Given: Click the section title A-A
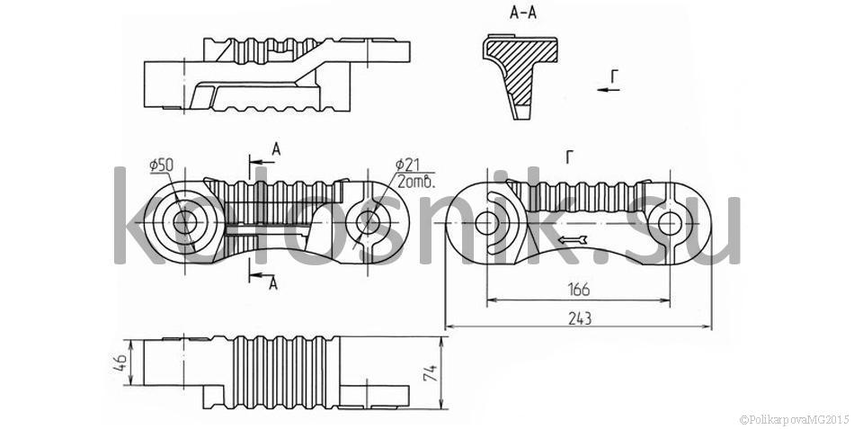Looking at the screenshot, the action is click(523, 13).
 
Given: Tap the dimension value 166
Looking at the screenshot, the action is click(578, 289).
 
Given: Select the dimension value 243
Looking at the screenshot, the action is click(580, 318).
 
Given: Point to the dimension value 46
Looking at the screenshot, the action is click(120, 362).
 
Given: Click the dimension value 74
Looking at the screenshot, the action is click(431, 373).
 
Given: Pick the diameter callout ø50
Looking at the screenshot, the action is click(161, 165).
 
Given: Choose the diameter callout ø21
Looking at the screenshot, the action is click(407, 164).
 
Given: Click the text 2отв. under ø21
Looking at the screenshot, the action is click(416, 182).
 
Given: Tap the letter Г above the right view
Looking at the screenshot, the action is click(569, 158).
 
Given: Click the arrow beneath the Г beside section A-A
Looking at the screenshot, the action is click(609, 89).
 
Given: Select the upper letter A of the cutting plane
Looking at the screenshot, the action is click(276, 149).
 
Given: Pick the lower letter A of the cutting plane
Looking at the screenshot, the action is click(273, 283).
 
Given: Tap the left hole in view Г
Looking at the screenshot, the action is click(486, 224).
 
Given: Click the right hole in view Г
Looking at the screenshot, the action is click(670, 224).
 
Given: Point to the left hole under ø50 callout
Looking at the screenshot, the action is click(185, 223).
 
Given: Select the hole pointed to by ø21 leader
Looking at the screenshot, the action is click(368, 223).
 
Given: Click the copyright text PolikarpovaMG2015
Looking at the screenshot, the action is click(795, 419).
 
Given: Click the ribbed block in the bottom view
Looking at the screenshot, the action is click(286, 372).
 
